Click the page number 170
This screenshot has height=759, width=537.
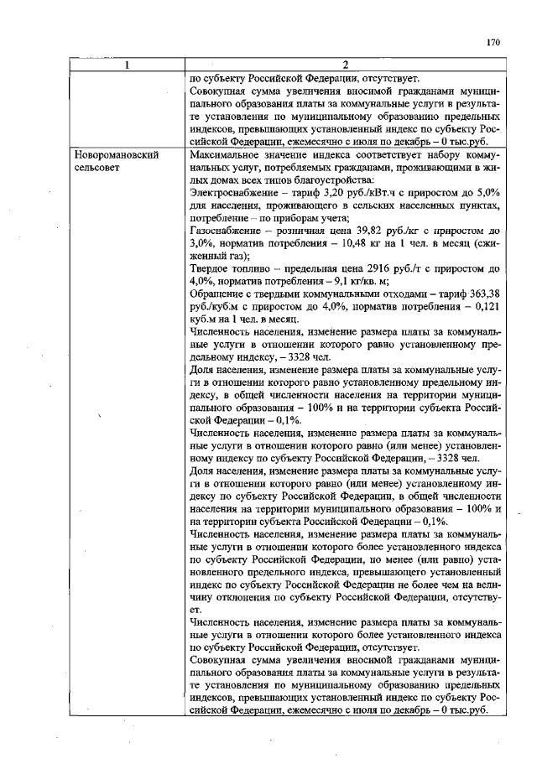[493, 41]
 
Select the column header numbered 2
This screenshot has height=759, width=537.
[346, 66]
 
